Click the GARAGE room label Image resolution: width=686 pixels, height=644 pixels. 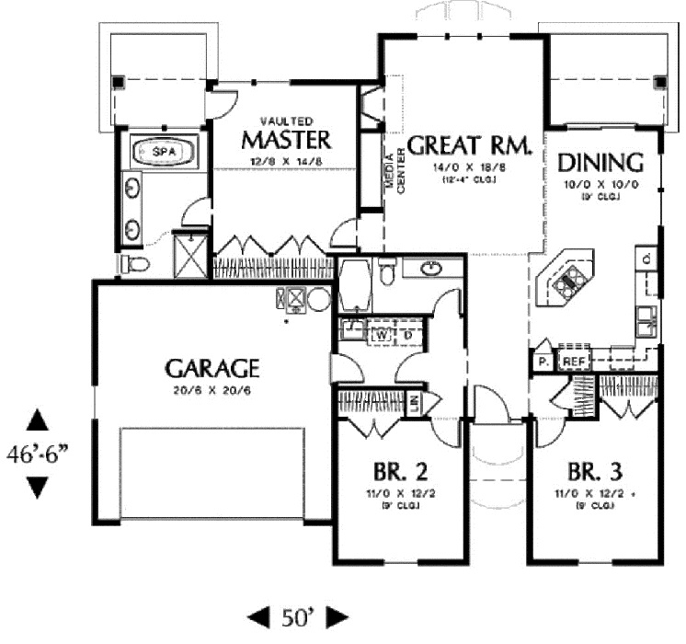click(x=212, y=369)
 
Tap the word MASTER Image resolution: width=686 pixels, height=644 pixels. click(x=285, y=140)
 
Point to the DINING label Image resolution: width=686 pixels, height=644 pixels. click(x=600, y=163)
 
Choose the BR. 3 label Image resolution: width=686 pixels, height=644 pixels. click(x=594, y=473)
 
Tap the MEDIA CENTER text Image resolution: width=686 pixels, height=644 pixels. click(x=395, y=171)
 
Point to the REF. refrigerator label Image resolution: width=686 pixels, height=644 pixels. click(x=575, y=362)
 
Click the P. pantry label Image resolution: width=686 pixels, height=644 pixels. click(x=543, y=362)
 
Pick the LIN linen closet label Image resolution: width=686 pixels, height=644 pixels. click(x=415, y=401)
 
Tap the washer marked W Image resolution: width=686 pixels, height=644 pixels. click(x=378, y=334)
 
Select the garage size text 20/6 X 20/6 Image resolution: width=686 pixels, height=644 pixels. click(x=212, y=390)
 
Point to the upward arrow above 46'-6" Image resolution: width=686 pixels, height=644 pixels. click(x=38, y=420)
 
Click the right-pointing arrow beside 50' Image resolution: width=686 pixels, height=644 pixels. click(x=337, y=615)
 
